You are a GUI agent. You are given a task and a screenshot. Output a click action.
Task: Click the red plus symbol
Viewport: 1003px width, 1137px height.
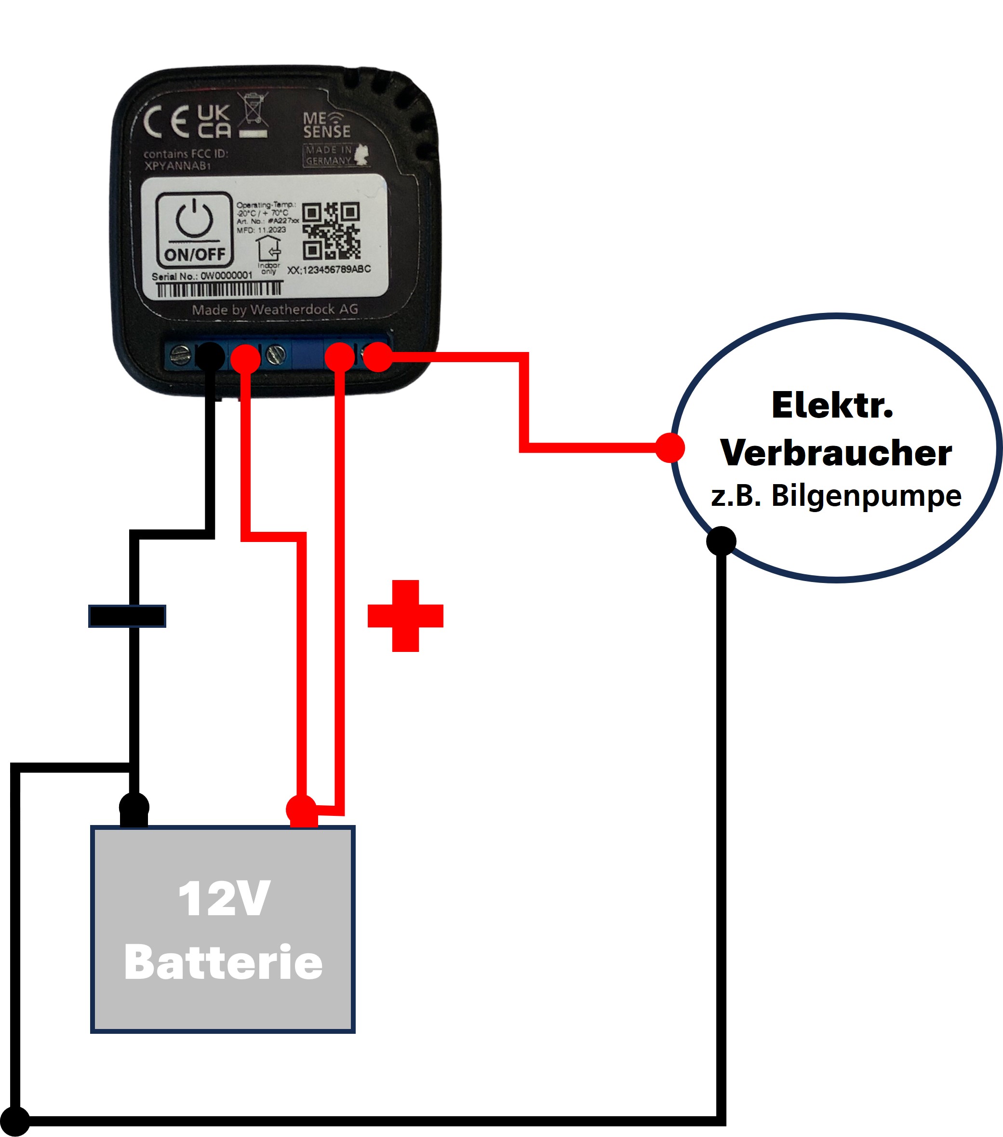pos(405,616)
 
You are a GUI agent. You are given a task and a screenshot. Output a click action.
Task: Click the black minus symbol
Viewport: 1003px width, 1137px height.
pos(127,616)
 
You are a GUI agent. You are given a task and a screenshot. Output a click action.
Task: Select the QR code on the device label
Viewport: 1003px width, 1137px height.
pos(331,230)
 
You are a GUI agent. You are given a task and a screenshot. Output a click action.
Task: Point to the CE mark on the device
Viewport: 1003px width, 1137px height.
pos(166,122)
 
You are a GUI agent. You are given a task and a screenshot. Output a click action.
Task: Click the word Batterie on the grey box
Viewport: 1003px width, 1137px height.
pos(224,963)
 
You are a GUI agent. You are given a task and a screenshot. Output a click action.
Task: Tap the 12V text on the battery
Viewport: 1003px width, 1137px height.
pos(224,899)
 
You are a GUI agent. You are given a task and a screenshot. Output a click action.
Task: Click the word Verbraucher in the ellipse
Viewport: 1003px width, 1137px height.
pos(836,453)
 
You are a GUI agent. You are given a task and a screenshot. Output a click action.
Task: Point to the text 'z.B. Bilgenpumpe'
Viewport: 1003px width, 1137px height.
pos(836,496)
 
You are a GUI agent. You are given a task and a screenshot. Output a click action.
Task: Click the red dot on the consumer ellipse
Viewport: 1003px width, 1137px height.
pos(670,448)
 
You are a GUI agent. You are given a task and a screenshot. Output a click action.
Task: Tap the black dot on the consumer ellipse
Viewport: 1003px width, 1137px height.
pos(721,541)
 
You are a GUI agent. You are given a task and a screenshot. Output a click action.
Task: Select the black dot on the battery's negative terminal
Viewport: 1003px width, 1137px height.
pos(134,807)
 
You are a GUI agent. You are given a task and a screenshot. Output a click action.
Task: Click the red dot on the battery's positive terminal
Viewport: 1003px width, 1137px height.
pos(301,810)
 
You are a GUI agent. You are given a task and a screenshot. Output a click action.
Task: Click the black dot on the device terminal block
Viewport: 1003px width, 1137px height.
pos(210,356)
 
